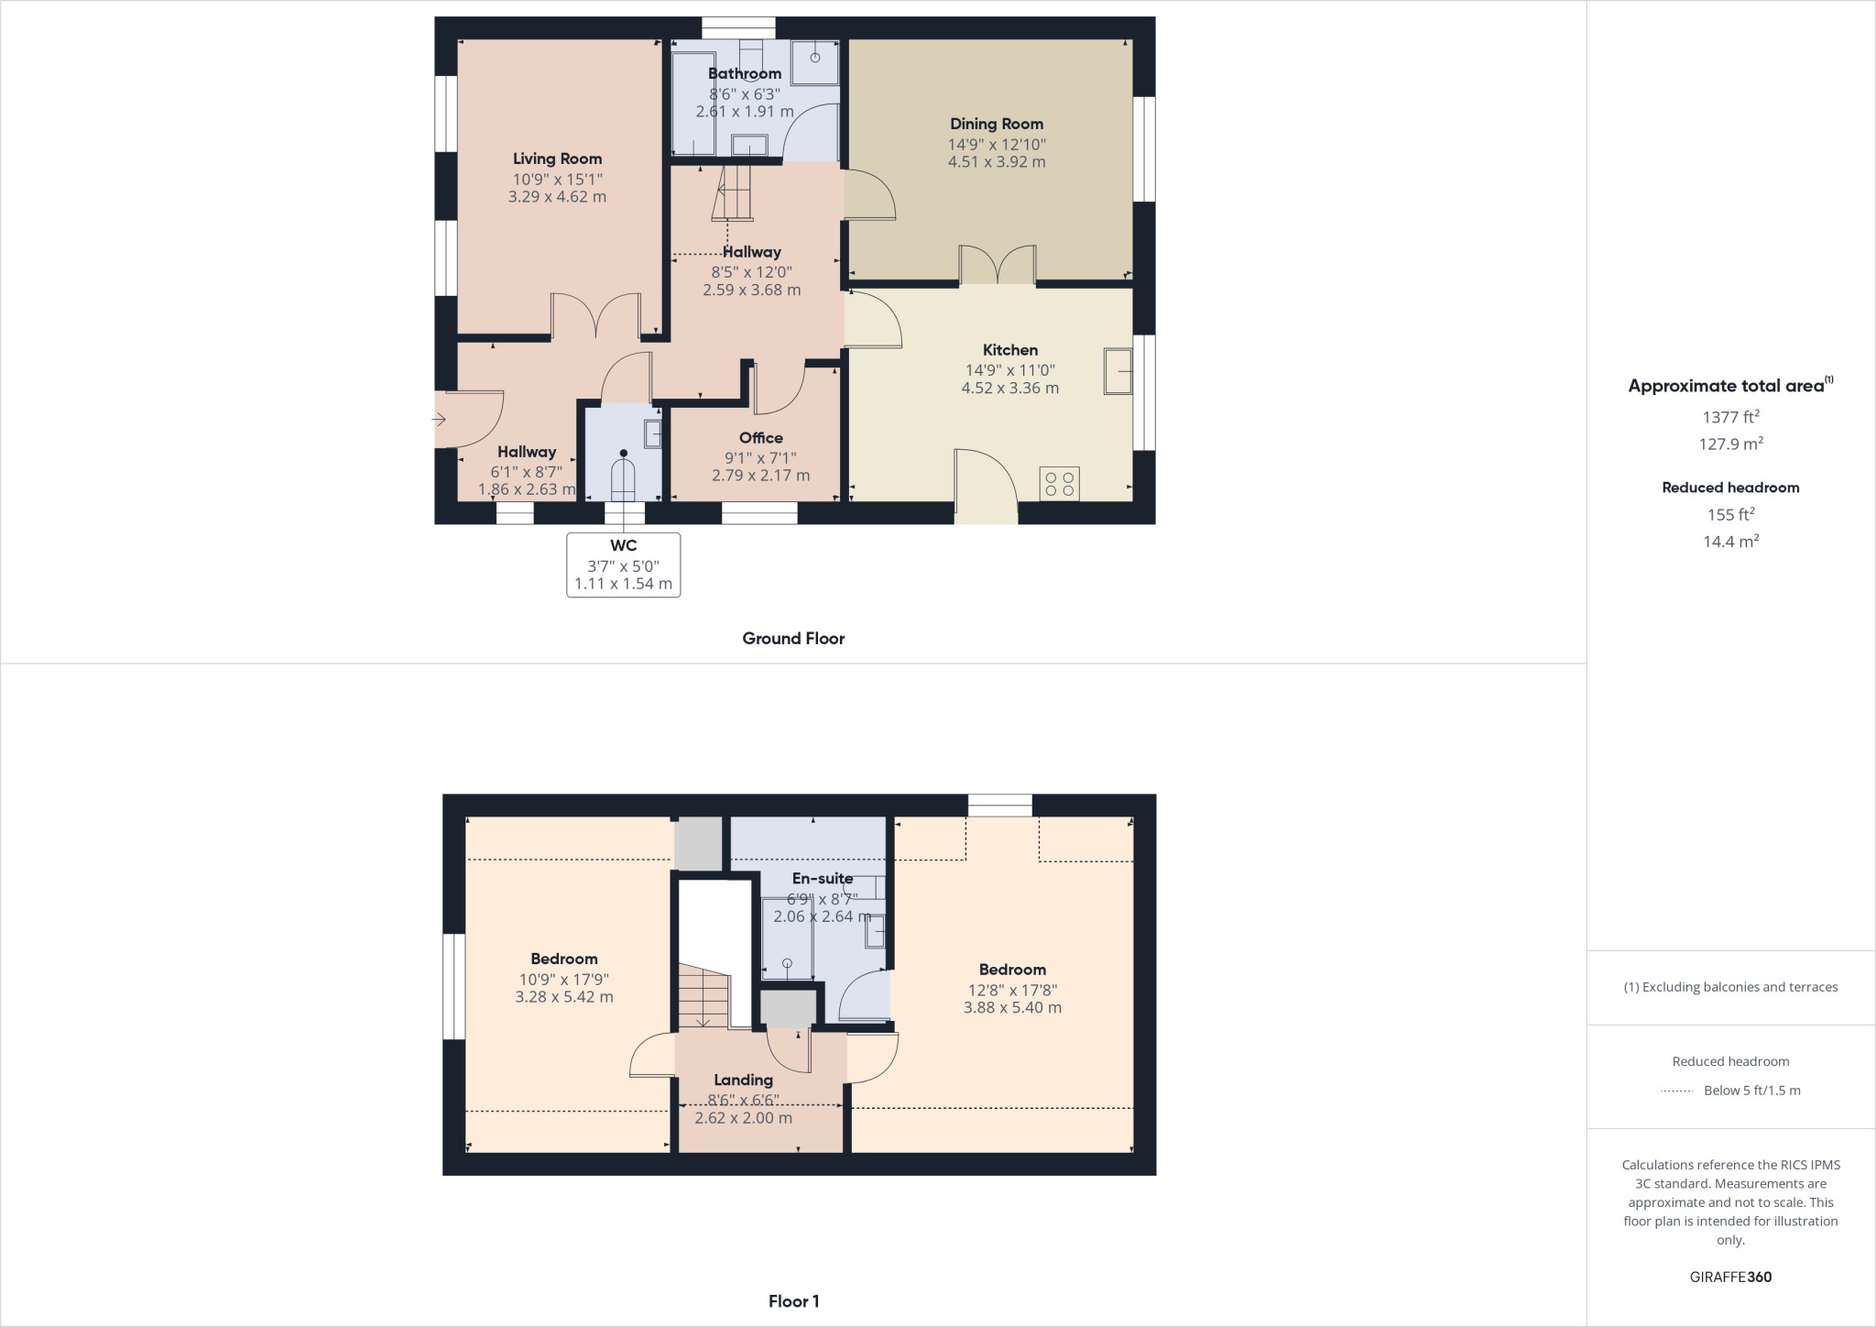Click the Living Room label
(x=557, y=159)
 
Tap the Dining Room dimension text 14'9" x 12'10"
(x=997, y=144)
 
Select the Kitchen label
(x=1009, y=350)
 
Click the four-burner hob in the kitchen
(x=1059, y=484)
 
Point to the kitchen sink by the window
(x=1118, y=371)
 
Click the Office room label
(x=760, y=438)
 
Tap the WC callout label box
(x=623, y=565)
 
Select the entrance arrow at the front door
(x=439, y=420)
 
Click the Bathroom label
(x=745, y=73)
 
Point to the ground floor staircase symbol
(x=732, y=192)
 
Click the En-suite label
(x=823, y=878)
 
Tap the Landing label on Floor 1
(x=743, y=1080)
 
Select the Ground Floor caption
(x=793, y=639)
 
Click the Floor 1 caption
(x=793, y=1301)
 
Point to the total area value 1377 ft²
(x=1730, y=417)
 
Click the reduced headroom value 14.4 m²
(x=1730, y=542)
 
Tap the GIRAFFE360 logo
(x=1730, y=1277)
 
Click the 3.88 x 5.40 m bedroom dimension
(x=1012, y=1008)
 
